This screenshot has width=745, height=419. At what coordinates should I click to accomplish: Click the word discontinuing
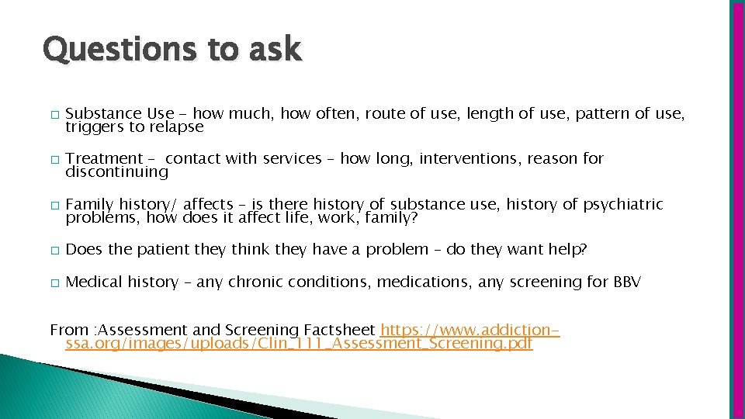pos(116,171)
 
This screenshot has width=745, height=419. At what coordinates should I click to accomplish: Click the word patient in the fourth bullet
pos(163,250)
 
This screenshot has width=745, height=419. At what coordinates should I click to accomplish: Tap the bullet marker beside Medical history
pos(53,283)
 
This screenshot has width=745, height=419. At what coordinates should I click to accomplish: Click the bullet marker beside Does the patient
pos(53,251)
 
